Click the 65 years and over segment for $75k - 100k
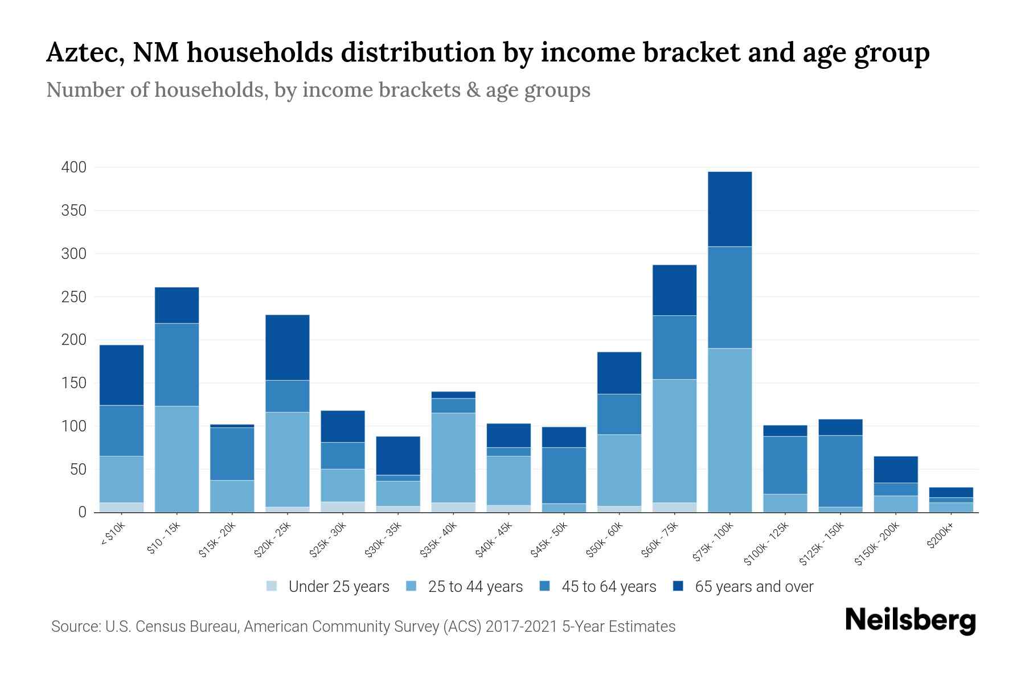(729, 209)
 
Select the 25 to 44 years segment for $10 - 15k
(177, 459)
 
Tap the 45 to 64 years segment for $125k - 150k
(840, 471)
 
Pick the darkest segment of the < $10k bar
(121, 375)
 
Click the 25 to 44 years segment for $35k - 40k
(453, 457)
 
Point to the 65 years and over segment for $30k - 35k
(398, 455)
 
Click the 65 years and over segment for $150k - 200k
(895, 470)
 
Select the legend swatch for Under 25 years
(272, 586)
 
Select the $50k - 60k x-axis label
(604, 540)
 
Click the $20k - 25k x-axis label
(272, 540)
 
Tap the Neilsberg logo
(910, 620)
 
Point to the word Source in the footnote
(73, 627)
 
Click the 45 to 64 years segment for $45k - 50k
(564, 475)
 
